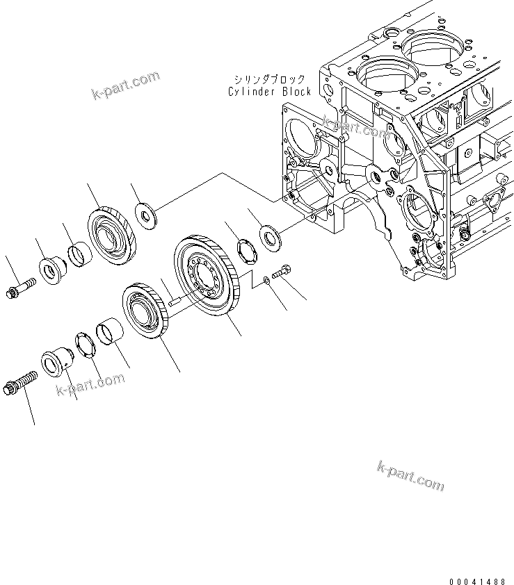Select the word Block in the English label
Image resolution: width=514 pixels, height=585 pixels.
[294, 91]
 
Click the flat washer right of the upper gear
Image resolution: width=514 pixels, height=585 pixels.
[147, 215]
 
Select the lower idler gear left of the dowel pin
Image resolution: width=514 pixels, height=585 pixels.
[146, 311]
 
